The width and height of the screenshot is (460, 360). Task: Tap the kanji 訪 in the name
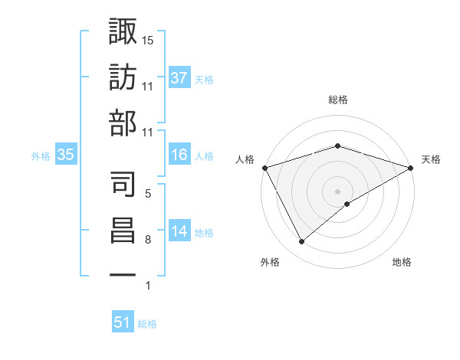pos(123,77)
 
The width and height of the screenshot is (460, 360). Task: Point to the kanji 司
pos(123,184)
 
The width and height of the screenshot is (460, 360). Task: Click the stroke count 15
pos(148,40)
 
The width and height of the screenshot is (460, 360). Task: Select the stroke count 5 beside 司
pos(148,194)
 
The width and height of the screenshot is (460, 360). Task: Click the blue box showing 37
pos(179,78)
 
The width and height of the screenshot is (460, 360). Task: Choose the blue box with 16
pos(179,155)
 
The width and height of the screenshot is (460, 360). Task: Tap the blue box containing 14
pos(179,232)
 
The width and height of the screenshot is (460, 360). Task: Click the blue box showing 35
pos(65,155)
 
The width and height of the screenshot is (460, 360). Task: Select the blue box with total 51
pos(122,323)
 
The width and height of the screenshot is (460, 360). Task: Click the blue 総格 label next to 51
pos(147,324)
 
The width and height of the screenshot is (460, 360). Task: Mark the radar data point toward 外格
pos(302,242)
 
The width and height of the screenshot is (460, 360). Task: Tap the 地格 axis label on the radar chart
pos(402,262)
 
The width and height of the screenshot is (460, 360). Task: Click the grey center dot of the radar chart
pos(337,191)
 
